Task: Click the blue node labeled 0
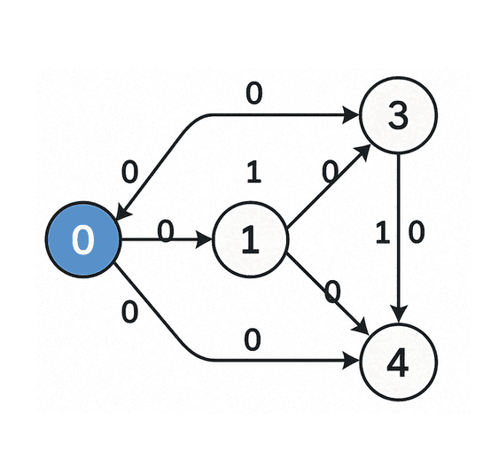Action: tap(82, 240)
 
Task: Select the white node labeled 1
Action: tap(250, 240)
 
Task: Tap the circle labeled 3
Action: tap(400, 116)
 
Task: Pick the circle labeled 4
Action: tap(400, 362)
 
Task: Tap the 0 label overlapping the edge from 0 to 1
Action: tap(165, 231)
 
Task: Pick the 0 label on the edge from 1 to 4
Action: tap(332, 291)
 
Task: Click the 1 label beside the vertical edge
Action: tap(383, 233)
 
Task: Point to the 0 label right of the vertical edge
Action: tap(417, 233)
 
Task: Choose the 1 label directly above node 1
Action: tap(253, 173)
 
